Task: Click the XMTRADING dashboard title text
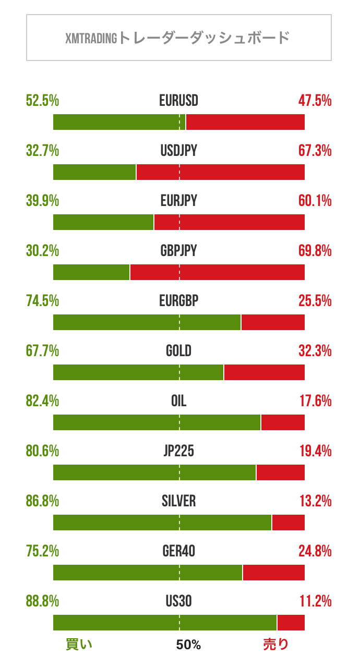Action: pyautogui.click(x=178, y=38)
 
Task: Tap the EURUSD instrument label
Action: pyautogui.click(x=179, y=101)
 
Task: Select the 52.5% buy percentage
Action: pyautogui.click(x=42, y=101)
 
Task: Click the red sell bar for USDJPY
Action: pyautogui.click(x=220, y=172)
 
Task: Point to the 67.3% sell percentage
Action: pyautogui.click(x=315, y=151)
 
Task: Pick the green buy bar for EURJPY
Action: pyautogui.click(x=103, y=222)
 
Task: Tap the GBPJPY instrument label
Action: pyautogui.click(x=179, y=251)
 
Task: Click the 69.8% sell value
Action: pyautogui.click(x=315, y=251)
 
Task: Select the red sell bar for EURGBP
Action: pyautogui.click(x=273, y=322)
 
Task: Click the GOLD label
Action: pyautogui.click(x=179, y=351)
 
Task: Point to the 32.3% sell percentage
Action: pyautogui.click(x=315, y=351)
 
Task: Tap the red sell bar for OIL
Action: pyautogui.click(x=283, y=422)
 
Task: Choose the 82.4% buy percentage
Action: pyautogui.click(x=42, y=402)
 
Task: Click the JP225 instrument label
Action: pyautogui.click(x=179, y=452)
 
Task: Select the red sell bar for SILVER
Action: pyautogui.click(x=288, y=523)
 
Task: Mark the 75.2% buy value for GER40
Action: pyautogui.click(x=42, y=552)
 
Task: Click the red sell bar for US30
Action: pyautogui.click(x=291, y=623)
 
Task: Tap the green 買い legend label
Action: pyautogui.click(x=79, y=645)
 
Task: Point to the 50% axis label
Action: pyautogui.click(x=188, y=645)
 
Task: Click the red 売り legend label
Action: pyautogui.click(x=275, y=645)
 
